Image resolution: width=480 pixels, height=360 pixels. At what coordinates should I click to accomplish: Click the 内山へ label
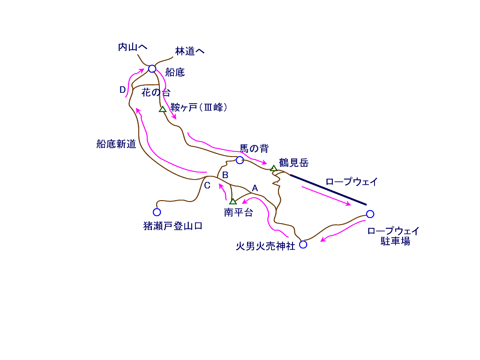tap(133, 47)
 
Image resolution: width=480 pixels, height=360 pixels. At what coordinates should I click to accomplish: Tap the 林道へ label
tap(190, 51)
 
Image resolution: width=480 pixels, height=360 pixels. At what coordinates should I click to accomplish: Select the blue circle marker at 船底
tap(152, 69)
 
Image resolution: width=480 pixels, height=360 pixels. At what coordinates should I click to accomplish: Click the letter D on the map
tap(122, 90)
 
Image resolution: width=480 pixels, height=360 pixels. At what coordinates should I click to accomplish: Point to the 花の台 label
tap(156, 92)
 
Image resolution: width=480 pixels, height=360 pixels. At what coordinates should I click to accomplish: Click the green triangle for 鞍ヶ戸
tap(163, 109)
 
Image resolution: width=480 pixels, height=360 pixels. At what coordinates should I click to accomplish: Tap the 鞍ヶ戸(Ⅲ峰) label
tap(199, 107)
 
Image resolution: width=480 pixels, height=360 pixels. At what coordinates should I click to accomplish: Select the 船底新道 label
tap(116, 144)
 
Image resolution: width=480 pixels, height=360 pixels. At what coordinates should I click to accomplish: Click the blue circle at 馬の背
tap(240, 160)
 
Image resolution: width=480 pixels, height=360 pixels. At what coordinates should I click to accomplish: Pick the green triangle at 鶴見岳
tap(274, 168)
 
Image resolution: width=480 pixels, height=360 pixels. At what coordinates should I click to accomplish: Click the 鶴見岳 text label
tap(294, 163)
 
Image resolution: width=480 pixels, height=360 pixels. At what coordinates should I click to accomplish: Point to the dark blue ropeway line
tap(328, 190)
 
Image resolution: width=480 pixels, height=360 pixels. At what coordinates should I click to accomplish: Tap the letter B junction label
tap(225, 175)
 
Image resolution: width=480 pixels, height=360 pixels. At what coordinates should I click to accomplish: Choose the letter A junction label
tap(255, 188)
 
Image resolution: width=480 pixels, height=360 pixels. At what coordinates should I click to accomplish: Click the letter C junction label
tap(207, 185)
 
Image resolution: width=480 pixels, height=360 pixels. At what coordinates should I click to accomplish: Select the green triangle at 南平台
tap(233, 201)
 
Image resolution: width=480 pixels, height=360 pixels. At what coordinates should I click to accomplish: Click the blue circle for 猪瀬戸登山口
tap(157, 212)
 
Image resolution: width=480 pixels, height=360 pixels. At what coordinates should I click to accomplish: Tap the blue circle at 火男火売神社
tap(303, 244)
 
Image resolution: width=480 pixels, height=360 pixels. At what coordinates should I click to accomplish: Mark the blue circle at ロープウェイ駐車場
tap(370, 214)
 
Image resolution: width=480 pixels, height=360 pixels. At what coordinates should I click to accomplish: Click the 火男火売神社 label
tap(265, 246)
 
